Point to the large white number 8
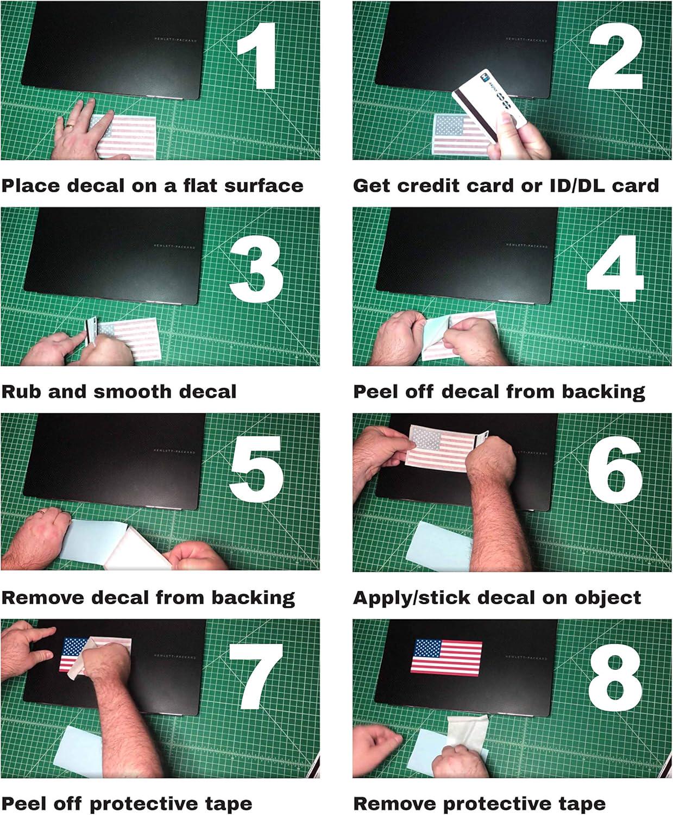click(615, 679)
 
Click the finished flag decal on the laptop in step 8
click(446, 657)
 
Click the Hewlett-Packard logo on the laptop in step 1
click(175, 40)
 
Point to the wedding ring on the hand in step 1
click(69, 126)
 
